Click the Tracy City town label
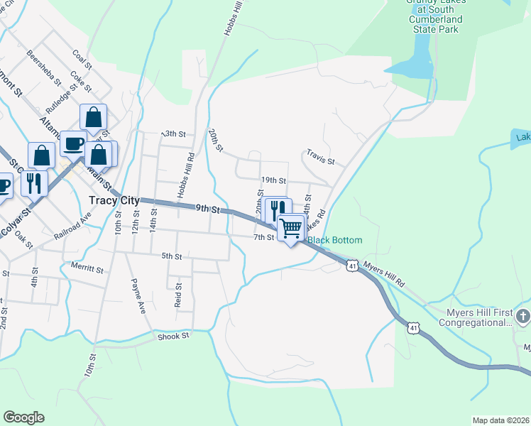pyautogui.click(x=114, y=201)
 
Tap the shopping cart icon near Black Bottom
pyautogui.click(x=290, y=228)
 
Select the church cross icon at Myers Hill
pyautogui.click(x=522, y=315)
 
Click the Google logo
pyautogui.click(x=23, y=417)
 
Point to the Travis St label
pyautogui.click(x=320, y=156)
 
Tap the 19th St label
pyautogui.click(x=273, y=182)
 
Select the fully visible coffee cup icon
pyautogui.click(x=73, y=143)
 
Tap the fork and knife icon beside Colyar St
pyautogui.click(x=34, y=182)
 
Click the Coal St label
pyautogui.click(x=82, y=60)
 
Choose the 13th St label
pyautogui.click(x=173, y=133)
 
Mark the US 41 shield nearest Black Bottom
pyautogui.click(x=352, y=265)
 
